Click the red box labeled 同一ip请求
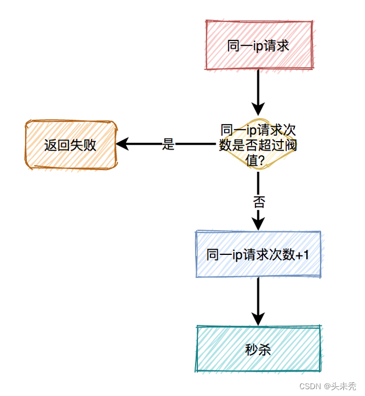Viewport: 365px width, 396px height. click(x=258, y=46)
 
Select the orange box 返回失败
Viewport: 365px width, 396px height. click(x=70, y=145)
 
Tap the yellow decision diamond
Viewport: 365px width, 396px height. click(x=258, y=145)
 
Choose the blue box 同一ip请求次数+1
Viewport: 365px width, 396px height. click(x=258, y=254)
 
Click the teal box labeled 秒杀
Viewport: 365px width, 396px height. click(x=258, y=349)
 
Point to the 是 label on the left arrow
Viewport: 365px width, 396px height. click(x=168, y=145)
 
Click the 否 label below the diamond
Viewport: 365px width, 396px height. click(x=258, y=201)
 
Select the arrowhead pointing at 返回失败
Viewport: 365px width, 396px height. click(x=122, y=145)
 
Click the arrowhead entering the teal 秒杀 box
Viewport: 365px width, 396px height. click(x=258, y=319)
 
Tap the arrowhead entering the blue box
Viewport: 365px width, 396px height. click(x=258, y=224)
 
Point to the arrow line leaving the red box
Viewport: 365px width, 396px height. click(x=258, y=85)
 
